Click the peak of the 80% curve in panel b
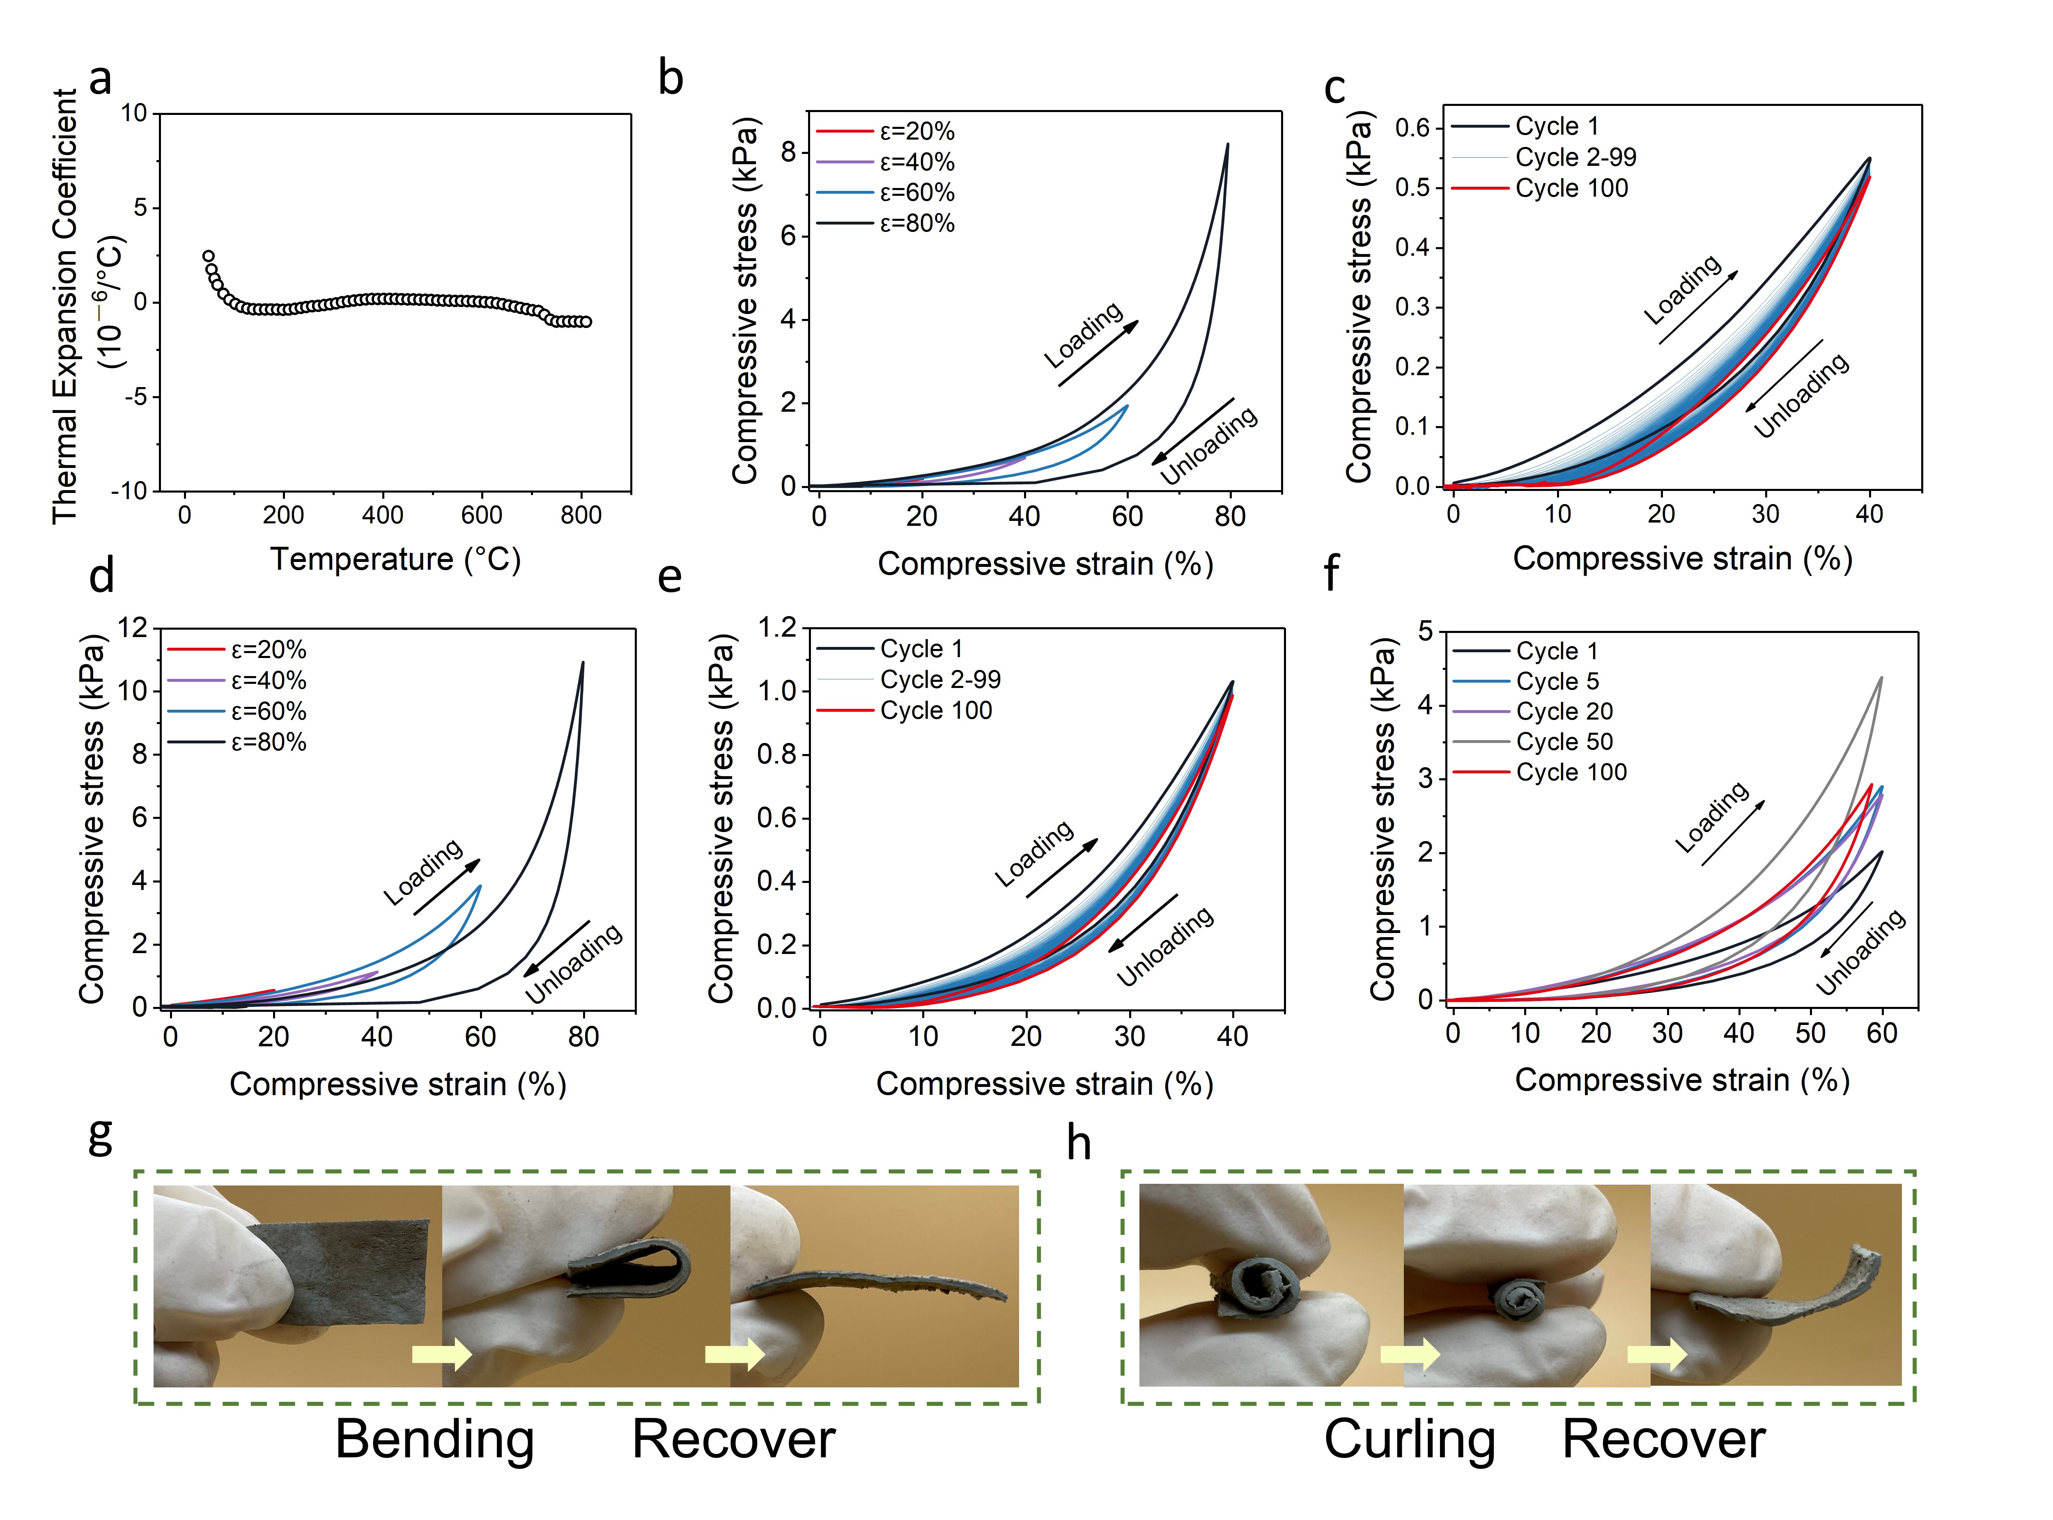(1226, 144)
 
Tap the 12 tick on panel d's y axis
(133, 628)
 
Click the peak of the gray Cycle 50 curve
(1881, 678)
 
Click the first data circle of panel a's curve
(209, 257)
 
